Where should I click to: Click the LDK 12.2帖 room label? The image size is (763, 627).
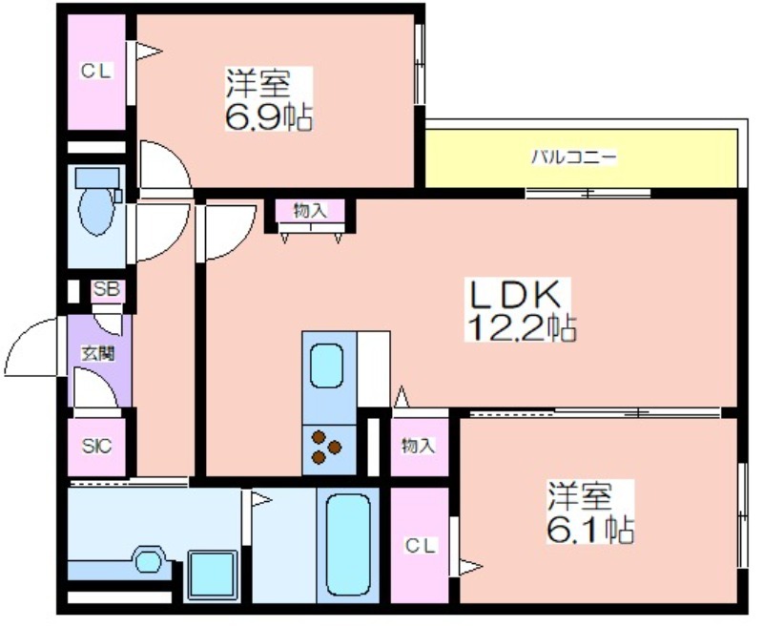pyautogui.click(x=520, y=310)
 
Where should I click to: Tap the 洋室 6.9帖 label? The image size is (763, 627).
pyautogui.click(x=268, y=99)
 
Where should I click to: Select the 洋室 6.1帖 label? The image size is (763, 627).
pyautogui.click(x=590, y=512)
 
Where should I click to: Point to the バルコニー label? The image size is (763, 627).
pyautogui.click(x=574, y=157)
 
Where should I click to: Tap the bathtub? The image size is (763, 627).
pyautogui.click(x=348, y=545)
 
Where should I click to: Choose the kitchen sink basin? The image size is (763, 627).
pyautogui.click(x=326, y=366)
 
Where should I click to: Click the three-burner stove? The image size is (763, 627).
pyautogui.click(x=326, y=448)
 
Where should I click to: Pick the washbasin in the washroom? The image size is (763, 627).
pyautogui.click(x=148, y=561)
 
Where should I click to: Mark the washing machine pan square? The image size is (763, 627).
pyautogui.click(x=213, y=575)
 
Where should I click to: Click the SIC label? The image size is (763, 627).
pyautogui.click(x=96, y=446)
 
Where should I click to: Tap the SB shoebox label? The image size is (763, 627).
pyautogui.click(x=107, y=289)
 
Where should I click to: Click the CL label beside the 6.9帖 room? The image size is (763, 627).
pyautogui.click(x=96, y=72)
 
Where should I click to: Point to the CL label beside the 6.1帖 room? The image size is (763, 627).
pyautogui.click(x=420, y=546)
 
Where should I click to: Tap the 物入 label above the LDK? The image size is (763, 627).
pyautogui.click(x=310, y=211)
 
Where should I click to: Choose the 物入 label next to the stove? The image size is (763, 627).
pyautogui.click(x=419, y=446)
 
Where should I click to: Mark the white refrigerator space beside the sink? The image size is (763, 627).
pyautogui.click(x=374, y=369)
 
